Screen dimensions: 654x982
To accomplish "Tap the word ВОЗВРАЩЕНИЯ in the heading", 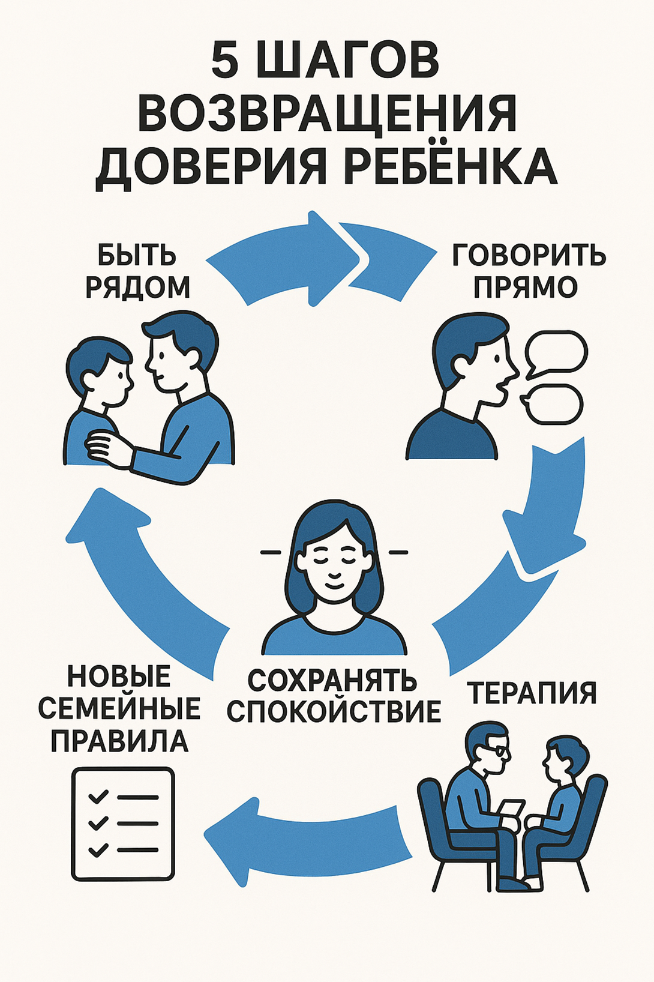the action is click(x=327, y=114).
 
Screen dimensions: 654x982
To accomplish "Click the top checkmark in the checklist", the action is click(x=98, y=796).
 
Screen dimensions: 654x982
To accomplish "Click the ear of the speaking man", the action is click(x=461, y=364).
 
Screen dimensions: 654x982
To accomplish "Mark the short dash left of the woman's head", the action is click(x=271, y=552).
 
